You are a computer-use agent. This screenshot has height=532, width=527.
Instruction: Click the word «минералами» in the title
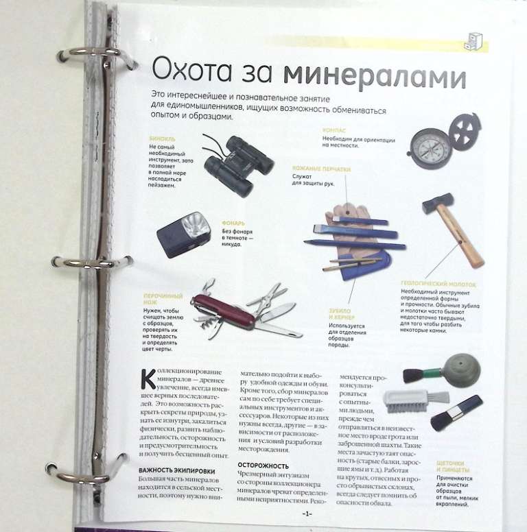click(375, 73)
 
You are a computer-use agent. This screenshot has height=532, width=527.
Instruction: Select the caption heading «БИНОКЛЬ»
click(161, 138)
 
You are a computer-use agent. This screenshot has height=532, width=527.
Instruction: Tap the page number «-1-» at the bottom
click(306, 513)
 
